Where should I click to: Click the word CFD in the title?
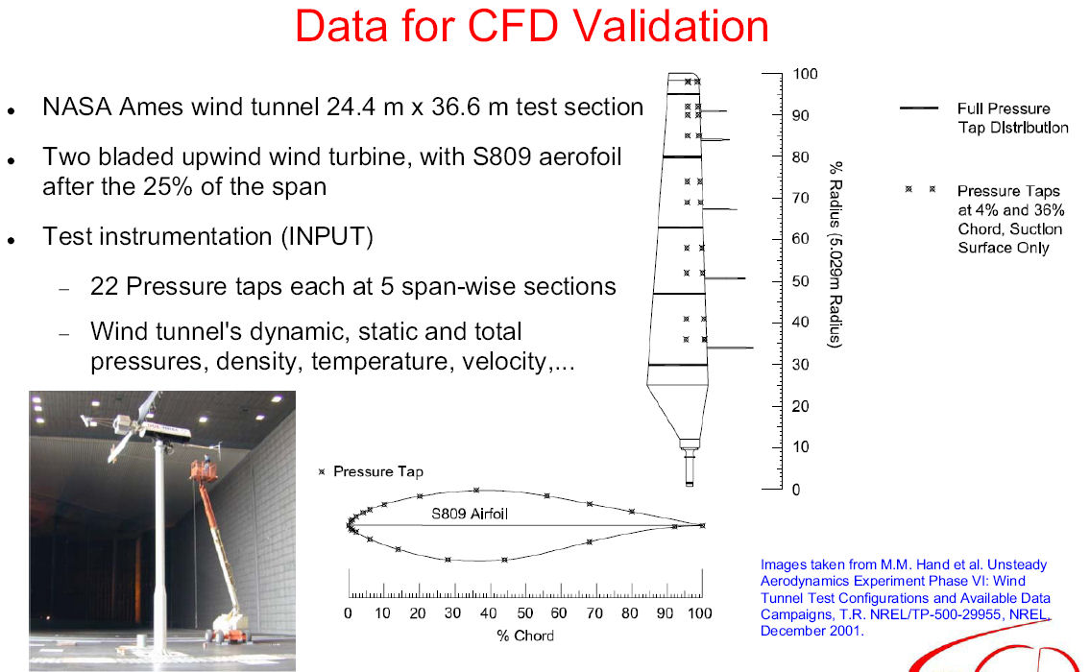pyautogui.click(x=512, y=26)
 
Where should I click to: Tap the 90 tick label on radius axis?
pyautogui.click(x=801, y=115)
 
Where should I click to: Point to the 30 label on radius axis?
pyautogui.click(x=801, y=365)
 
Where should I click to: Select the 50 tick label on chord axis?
pyautogui.click(x=525, y=612)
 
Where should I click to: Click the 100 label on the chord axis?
pyautogui.click(x=700, y=612)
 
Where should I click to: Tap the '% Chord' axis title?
pyautogui.click(x=525, y=636)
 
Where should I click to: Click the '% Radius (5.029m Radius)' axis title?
pyautogui.click(x=835, y=254)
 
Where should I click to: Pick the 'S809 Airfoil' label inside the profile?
pyautogui.click(x=470, y=515)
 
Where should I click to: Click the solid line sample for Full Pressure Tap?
pyautogui.click(x=919, y=108)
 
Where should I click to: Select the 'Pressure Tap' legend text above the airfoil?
pyautogui.click(x=378, y=472)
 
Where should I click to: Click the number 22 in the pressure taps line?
pyautogui.click(x=105, y=286)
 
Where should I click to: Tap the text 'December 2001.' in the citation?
pyautogui.click(x=811, y=631)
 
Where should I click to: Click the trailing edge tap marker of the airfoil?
pyautogui.click(x=702, y=526)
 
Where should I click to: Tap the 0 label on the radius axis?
pyautogui.click(x=797, y=490)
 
